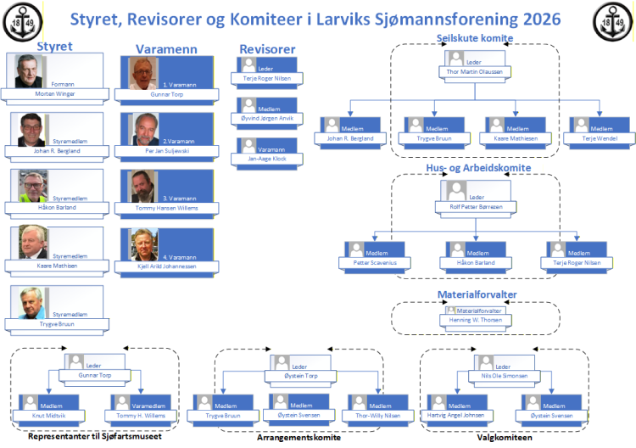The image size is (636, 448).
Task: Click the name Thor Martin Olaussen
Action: click(474, 73)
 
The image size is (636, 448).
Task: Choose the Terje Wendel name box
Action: click(600, 137)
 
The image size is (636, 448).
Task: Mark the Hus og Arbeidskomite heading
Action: click(478, 168)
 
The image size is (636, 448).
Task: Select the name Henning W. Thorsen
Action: click(475, 320)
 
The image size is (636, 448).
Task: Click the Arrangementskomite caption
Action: click(298, 438)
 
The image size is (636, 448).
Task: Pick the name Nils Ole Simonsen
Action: click(505, 374)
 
